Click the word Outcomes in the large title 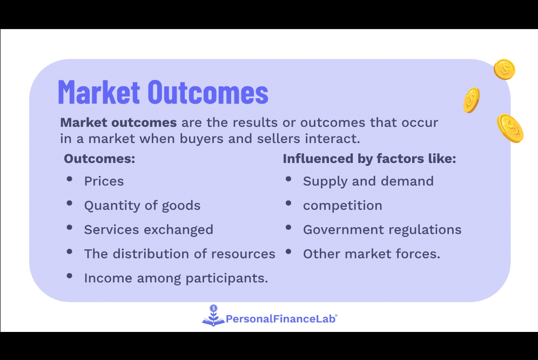click(x=208, y=92)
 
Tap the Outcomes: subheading click(x=99, y=159)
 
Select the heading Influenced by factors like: click(x=369, y=159)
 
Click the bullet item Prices click(x=104, y=181)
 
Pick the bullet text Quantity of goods click(x=143, y=206)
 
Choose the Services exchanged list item click(x=149, y=230)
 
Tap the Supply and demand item click(x=368, y=181)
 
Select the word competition click(x=342, y=206)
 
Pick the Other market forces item click(x=372, y=254)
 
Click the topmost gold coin click(x=505, y=69)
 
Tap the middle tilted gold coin click(x=472, y=100)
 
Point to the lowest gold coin click(x=510, y=128)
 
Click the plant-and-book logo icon click(x=213, y=315)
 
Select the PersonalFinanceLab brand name click(x=281, y=319)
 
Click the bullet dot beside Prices click(x=70, y=179)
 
